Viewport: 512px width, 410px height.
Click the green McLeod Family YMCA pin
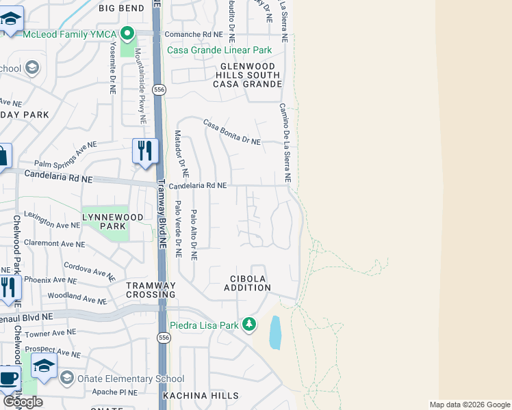click(x=127, y=33)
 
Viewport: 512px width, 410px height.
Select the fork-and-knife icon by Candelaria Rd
click(x=144, y=150)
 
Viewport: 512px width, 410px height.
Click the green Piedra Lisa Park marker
click(x=250, y=325)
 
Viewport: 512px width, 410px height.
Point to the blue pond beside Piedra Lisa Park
click(x=275, y=333)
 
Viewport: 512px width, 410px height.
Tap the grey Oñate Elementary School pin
click(x=66, y=378)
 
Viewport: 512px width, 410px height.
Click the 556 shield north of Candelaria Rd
click(x=159, y=90)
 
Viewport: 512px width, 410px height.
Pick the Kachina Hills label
click(x=201, y=396)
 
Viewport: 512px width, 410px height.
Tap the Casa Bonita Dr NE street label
click(x=232, y=131)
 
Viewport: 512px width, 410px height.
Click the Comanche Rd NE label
click(x=194, y=33)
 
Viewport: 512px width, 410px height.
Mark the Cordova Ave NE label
click(x=89, y=271)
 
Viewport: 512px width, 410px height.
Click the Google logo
click(x=23, y=402)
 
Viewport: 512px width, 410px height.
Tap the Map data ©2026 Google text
click(x=469, y=405)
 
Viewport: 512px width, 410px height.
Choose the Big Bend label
click(x=121, y=8)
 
